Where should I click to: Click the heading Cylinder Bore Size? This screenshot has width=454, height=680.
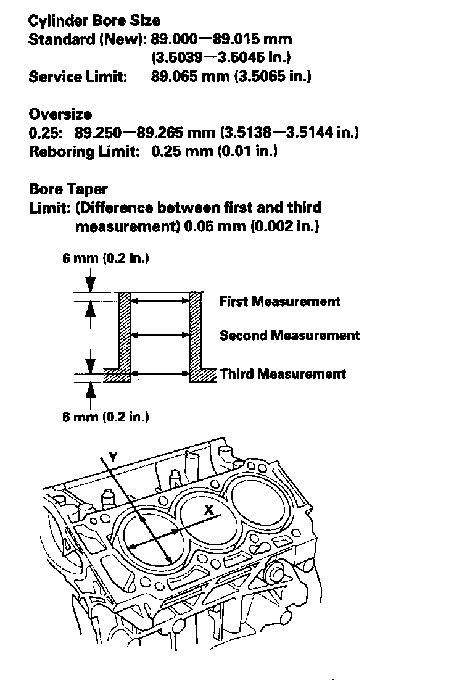[94, 20]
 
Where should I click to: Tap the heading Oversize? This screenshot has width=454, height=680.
[60, 114]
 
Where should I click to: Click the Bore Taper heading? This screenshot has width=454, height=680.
[68, 189]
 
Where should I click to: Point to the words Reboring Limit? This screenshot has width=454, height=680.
[84, 152]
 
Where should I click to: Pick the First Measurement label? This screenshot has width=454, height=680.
[279, 301]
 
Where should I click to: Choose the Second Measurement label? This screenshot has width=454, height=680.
[289, 336]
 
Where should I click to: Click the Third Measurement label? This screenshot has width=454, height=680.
[283, 374]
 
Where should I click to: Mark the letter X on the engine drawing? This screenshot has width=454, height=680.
[209, 510]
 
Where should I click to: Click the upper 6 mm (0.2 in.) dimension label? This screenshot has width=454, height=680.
[105, 259]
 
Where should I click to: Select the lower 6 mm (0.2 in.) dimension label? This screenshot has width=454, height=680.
[105, 417]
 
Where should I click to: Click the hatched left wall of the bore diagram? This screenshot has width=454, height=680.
[124, 333]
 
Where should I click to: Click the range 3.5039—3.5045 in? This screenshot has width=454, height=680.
[221, 58]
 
